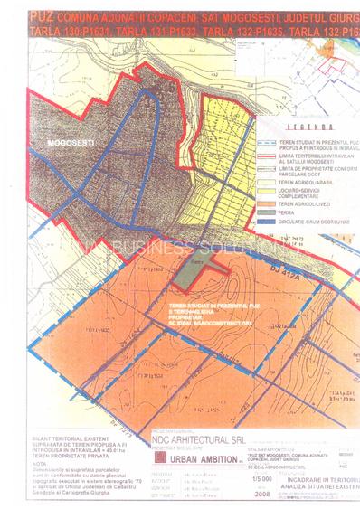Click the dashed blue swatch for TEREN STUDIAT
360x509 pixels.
point(270,138)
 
